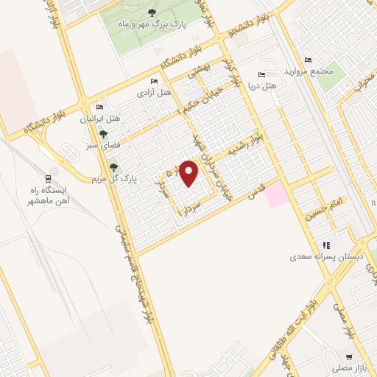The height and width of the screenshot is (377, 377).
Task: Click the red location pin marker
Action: (189, 174)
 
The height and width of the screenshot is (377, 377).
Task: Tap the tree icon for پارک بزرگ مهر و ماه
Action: (152, 13)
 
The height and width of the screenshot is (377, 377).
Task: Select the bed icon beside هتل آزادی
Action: (153, 81)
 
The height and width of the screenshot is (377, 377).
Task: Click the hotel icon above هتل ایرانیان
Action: (100, 106)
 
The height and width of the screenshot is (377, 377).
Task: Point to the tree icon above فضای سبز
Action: (104, 134)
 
